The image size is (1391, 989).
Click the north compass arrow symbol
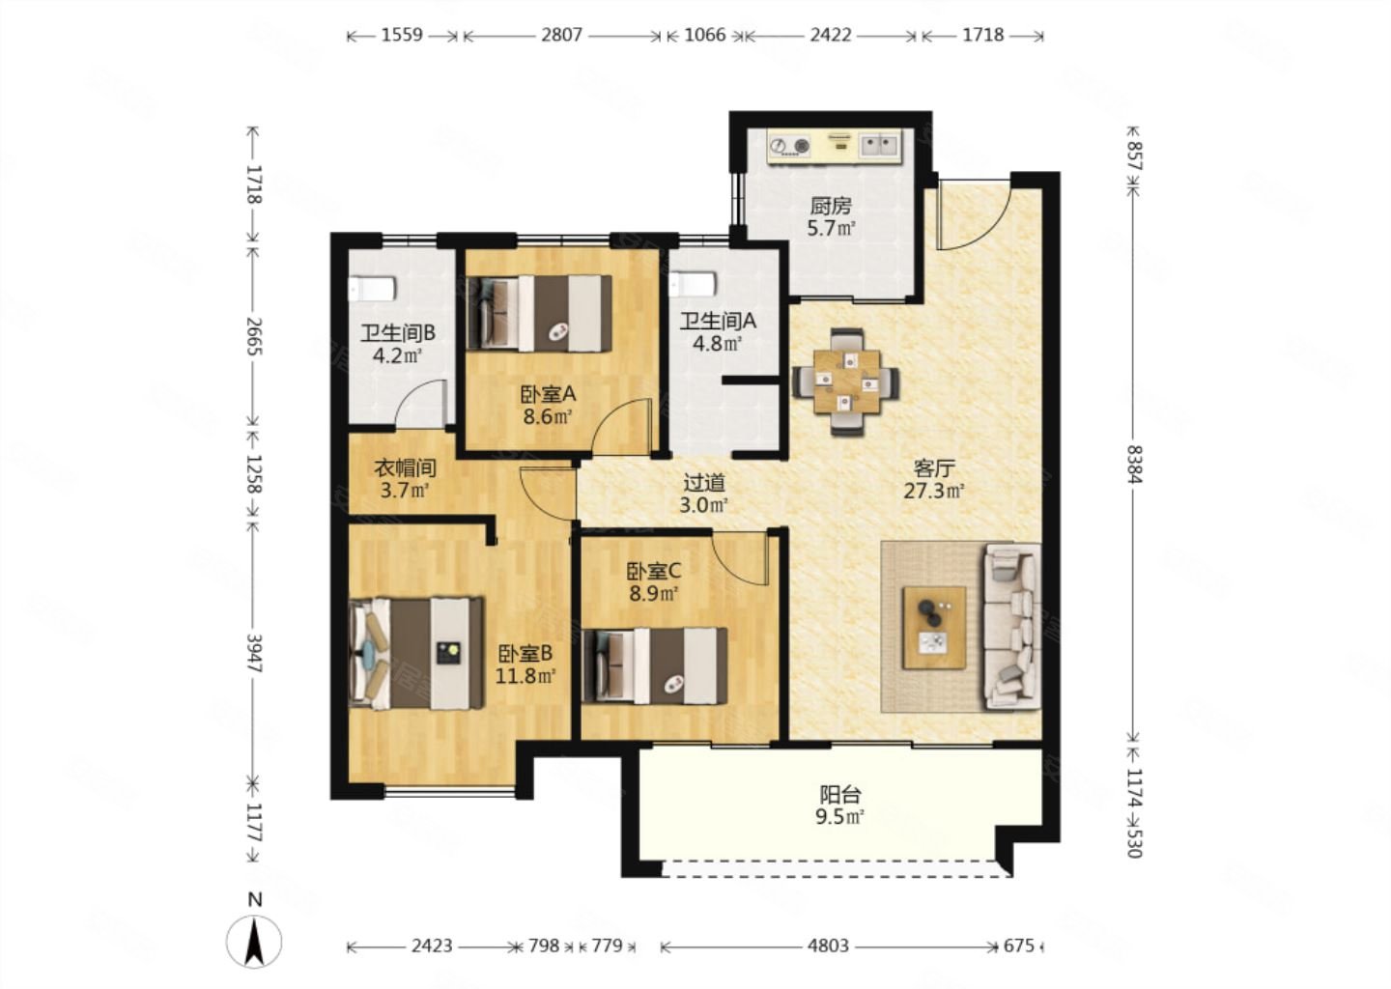[254, 941]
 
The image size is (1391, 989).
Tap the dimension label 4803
[829, 946]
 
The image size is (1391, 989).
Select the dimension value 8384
[1134, 464]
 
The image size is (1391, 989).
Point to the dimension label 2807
[561, 35]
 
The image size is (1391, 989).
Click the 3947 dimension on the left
[255, 653]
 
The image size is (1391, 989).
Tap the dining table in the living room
[846, 381]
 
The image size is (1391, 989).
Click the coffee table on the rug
[933, 627]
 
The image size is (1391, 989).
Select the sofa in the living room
[1012, 626]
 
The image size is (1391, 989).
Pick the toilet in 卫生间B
[371, 289]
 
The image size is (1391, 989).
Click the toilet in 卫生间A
[693, 284]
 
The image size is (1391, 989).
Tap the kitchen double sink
[878, 146]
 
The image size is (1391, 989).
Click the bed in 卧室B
[416, 653]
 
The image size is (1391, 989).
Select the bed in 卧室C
[655, 666]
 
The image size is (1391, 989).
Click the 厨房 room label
[831, 206]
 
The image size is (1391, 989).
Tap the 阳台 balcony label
[840, 794]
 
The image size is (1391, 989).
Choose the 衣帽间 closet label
[404, 467]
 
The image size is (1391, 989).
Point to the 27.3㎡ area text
[933, 491]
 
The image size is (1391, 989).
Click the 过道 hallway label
[703, 482]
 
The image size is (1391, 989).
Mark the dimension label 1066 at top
[705, 35]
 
